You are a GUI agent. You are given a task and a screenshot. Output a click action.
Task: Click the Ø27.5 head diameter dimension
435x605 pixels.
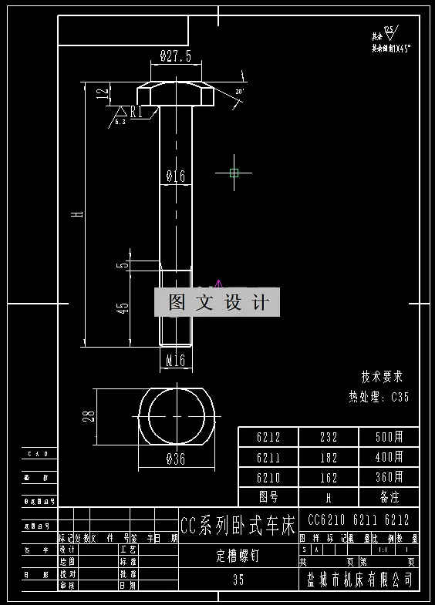tap(175, 55)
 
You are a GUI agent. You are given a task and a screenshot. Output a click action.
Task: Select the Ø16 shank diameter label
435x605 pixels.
tap(176, 176)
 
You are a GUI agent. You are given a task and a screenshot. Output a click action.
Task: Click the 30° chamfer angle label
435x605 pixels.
tap(239, 92)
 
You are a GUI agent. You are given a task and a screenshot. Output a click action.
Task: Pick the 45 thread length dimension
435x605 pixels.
tap(122, 308)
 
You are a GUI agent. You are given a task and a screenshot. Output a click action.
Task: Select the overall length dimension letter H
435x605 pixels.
tap(77, 214)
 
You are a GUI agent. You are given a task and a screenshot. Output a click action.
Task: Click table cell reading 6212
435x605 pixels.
tap(268, 437)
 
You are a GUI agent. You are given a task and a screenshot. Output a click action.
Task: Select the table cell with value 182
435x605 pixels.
tap(329, 457)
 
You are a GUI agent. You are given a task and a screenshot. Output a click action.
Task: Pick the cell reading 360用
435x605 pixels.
tap(389, 477)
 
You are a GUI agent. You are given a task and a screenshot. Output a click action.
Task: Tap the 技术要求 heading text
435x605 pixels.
tap(382, 378)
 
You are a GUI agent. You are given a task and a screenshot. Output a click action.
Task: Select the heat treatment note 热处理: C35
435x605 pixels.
tap(379, 398)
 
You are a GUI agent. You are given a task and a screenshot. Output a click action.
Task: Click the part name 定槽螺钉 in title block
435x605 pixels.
tap(238, 557)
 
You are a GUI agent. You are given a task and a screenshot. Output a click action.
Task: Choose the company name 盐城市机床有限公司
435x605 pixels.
tap(359, 579)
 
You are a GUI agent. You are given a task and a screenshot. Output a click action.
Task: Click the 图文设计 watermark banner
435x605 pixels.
tap(217, 302)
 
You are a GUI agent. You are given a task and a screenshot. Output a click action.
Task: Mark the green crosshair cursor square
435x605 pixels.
tap(234, 173)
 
